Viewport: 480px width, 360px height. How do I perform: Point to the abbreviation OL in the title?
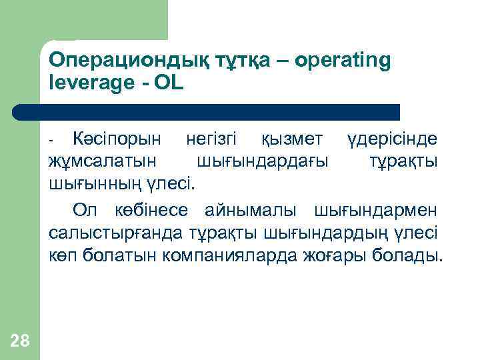pyautogui.click(x=173, y=84)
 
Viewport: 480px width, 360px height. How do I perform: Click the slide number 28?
pyautogui.click(x=20, y=341)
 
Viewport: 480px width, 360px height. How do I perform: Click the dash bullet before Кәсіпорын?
pyautogui.click(x=51, y=140)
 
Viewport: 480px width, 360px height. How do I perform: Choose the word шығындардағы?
pyautogui.click(x=263, y=161)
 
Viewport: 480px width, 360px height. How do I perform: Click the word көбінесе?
pyautogui.click(x=146, y=211)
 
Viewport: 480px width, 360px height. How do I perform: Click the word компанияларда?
pyautogui.click(x=232, y=256)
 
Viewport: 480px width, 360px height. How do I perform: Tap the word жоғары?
pyautogui.click(x=341, y=256)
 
